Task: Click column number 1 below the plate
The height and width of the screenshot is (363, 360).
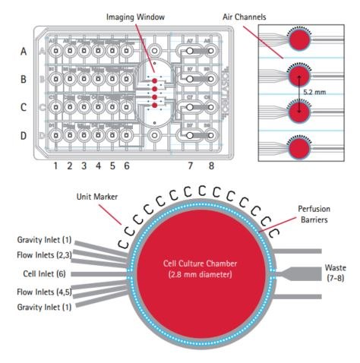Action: (55, 165)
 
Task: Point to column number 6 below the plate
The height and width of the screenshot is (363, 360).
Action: (126, 165)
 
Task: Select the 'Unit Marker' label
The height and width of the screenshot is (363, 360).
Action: (95, 196)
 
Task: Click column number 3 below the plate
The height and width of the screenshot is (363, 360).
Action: (84, 165)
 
